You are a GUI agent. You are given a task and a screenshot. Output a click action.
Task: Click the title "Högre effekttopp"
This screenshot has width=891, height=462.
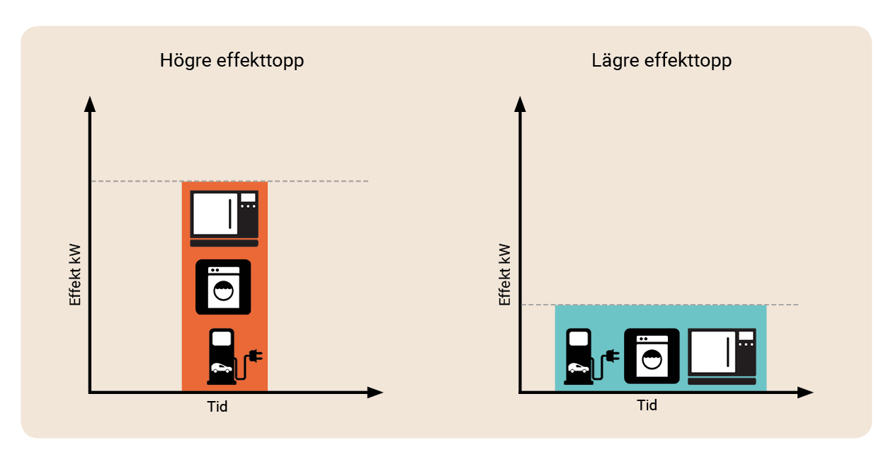click(232, 61)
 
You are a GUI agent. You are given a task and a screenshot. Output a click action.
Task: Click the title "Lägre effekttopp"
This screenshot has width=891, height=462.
click(662, 61)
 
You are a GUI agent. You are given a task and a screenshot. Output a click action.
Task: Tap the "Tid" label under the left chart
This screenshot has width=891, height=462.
click(217, 407)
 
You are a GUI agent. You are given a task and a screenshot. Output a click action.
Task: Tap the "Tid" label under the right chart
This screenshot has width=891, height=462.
click(647, 405)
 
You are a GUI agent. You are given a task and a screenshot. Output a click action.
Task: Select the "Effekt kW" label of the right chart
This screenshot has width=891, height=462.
click(505, 274)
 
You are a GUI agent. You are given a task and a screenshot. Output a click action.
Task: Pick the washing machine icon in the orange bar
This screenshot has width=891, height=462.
click(223, 287)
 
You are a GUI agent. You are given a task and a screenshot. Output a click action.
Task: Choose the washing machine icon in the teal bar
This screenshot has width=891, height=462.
click(652, 356)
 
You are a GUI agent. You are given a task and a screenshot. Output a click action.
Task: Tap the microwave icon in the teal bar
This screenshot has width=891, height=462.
click(722, 356)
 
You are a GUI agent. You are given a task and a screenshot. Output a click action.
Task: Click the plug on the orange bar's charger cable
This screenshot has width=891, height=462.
click(256, 356)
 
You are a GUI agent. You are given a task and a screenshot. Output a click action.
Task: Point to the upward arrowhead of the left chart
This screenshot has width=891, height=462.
click(90, 105)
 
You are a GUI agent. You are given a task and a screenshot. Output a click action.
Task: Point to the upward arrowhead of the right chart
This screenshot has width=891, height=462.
click(520, 105)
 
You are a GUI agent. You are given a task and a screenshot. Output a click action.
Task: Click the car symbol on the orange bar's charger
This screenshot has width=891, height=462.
click(221, 368)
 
